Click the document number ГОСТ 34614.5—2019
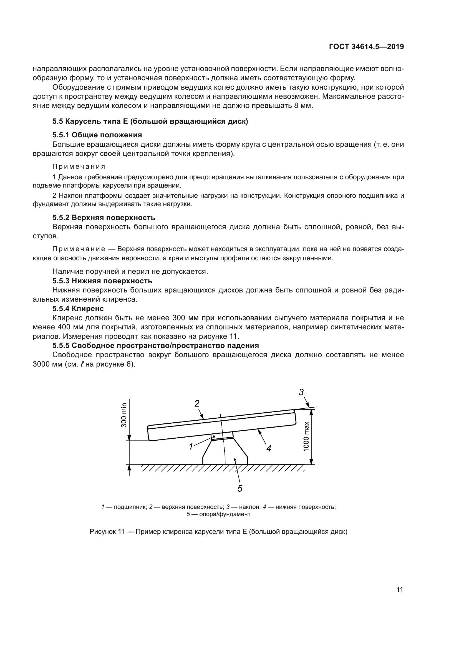pos(366,47)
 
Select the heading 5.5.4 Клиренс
pos(78,308)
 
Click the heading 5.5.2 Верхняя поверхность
pos(104,217)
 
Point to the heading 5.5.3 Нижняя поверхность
pos(102,281)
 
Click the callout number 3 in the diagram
pos(301,392)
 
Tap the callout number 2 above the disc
pos(197,403)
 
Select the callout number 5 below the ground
pos(240,488)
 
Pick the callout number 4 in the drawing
pos(269,448)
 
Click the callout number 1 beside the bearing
pos(191,447)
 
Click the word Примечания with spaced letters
pos(79,166)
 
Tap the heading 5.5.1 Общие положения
pos(97,135)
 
